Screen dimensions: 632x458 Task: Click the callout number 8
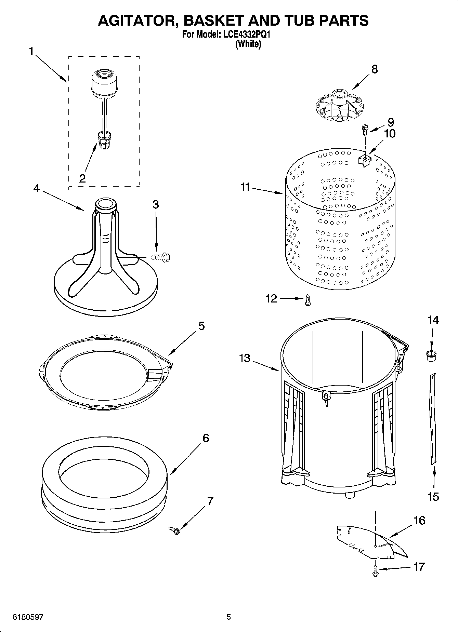click(x=375, y=69)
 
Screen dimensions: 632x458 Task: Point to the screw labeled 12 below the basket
click(x=307, y=300)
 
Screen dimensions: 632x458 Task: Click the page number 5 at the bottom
click(x=228, y=617)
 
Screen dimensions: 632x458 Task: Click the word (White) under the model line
click(x=248, y=44)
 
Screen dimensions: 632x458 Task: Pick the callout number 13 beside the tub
click(x=245, y=359)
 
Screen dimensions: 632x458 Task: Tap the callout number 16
click(x=419, y=521)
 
